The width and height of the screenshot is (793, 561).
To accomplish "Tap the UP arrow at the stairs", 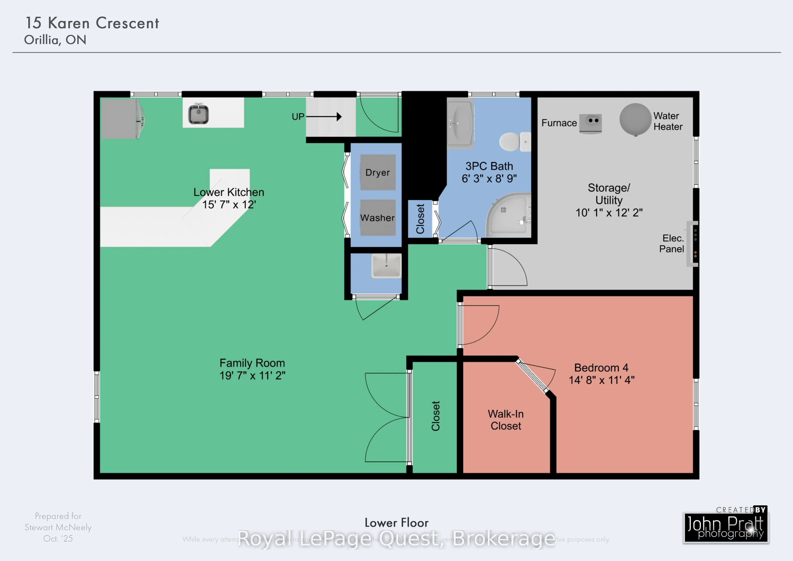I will click(324, 117).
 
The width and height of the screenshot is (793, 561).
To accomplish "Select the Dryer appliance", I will click(378, 172).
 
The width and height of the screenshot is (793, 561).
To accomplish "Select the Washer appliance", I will click(378, 217).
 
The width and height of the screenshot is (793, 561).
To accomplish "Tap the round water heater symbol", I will click(635, 119).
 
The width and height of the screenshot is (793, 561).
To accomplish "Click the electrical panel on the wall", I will click(692, 244).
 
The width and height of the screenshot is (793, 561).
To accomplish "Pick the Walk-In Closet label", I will click(506, 420).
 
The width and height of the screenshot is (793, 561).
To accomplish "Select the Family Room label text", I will click(252, 363).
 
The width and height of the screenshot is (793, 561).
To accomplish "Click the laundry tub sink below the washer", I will click(386, 266).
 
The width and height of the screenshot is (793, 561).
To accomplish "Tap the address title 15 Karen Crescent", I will click(92, 23).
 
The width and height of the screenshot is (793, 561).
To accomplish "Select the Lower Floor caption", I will click(396, 523).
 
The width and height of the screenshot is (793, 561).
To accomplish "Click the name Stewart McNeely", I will click(58, 527).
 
